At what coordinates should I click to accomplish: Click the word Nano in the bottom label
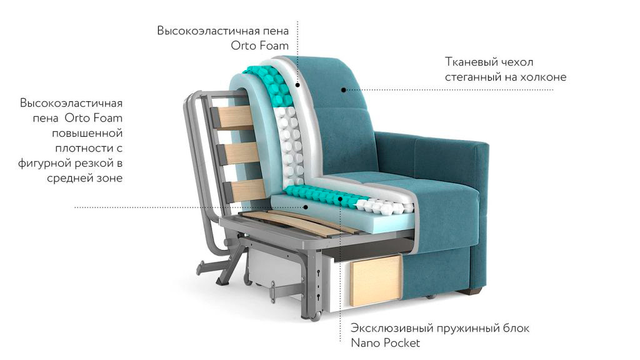tap(365, 343)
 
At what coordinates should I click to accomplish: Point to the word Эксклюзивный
tap(392, 328)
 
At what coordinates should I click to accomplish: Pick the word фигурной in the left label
tap(44, 164)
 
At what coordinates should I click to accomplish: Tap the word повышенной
tap(87, 133)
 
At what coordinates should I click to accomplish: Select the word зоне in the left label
tap(109, 178)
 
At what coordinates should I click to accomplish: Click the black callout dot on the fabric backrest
tap(344, 90)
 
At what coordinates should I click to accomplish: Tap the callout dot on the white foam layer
tap(298, 85)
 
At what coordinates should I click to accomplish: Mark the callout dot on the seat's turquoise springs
tap(339, 199)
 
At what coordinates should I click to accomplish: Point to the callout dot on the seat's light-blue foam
tap(305, 207)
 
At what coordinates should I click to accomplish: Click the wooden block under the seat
tap(375, 281)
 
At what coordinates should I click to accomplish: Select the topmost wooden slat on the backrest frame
tap(236, 117)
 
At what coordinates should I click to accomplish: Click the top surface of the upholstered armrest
tap(432, 139)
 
